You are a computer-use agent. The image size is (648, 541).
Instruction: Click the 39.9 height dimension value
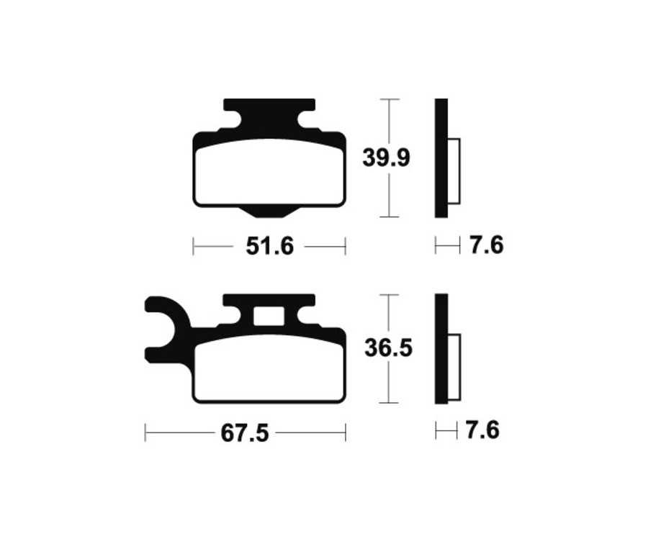point(386,158)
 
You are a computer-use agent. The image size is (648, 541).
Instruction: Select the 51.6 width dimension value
point(270,246)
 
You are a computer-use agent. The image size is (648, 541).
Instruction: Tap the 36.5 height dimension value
point(387,349)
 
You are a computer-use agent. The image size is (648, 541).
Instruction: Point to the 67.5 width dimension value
point(244,433)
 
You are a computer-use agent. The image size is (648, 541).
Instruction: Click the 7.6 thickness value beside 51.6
point(486,246)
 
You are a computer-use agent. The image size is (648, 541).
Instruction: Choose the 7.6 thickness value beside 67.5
point(482,431)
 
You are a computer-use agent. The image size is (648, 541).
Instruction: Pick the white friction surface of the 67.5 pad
point(269,370)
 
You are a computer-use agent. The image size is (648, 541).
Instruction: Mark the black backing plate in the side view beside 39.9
point(441,158)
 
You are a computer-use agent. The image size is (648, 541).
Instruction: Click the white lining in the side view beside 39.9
point(454,171)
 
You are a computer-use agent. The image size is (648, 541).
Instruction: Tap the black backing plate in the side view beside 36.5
point(441,349)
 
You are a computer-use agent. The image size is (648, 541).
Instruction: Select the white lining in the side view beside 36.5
point(454,368)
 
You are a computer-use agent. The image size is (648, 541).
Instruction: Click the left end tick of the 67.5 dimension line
point(145,433)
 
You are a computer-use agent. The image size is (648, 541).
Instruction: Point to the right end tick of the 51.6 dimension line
point(346,246)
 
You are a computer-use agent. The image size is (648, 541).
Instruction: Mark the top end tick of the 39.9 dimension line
point(389,99)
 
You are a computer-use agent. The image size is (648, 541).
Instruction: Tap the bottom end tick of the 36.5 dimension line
point(389,403)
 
